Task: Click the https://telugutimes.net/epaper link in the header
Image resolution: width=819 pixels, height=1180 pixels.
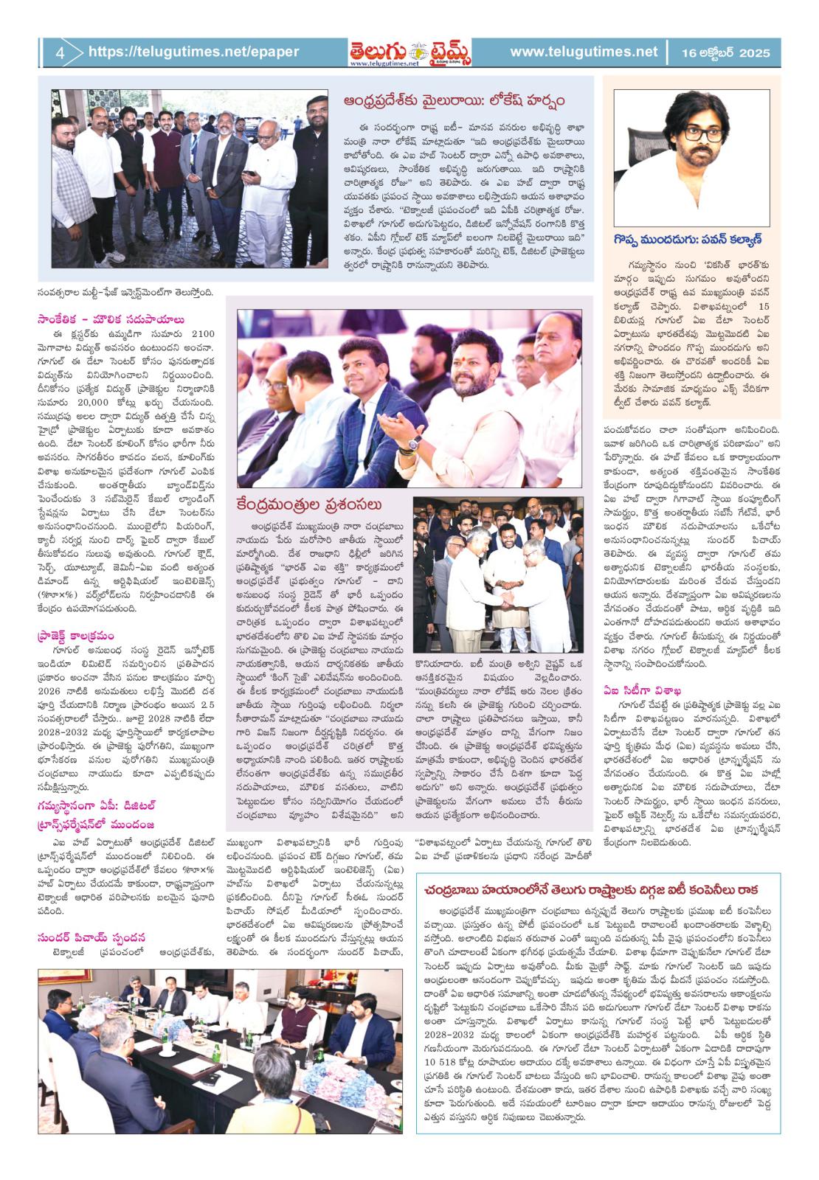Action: [x=193, y=52]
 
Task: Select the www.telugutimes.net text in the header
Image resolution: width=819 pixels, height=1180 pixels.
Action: [x=583, y=52]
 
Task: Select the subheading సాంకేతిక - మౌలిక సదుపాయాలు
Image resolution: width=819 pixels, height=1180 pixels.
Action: [x=111, y=319]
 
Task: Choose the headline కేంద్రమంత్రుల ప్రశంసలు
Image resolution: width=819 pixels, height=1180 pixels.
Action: [x=309, y=505]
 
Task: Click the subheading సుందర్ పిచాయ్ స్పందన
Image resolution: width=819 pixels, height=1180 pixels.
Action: [x=92, y=937]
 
